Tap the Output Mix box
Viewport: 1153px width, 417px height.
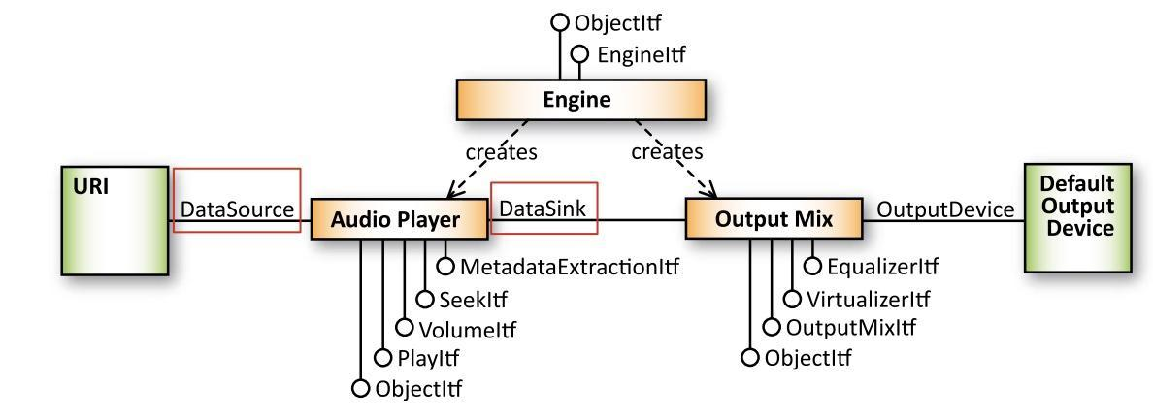pyautogui.click(x=774, y=219)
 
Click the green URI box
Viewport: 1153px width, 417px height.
pyautogui.click(x=115, y=220)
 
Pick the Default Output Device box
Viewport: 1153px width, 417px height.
pyautogui.click(x=1078, y=218)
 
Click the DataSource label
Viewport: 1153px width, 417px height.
pyautogui.click(x=237, y=210)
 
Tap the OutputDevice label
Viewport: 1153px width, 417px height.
pyautogui.click(x=945, y=209)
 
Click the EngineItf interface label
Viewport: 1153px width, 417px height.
pyautogui.click(x=642, y=54)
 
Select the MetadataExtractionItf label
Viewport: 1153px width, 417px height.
pyautogui.click(x=568, y=267)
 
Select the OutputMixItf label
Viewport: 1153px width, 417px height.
pyautogui.click(x=851, y=327)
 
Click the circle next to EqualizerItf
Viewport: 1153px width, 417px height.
pyautogui.click(x=811, y=266)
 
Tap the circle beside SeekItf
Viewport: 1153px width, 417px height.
pyautogui.click(x=424, y=300)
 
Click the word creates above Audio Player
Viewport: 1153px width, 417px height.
pyautogui.click(x=502, y=152)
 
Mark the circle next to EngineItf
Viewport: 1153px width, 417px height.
pyautogui.click(x=580, y=54)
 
